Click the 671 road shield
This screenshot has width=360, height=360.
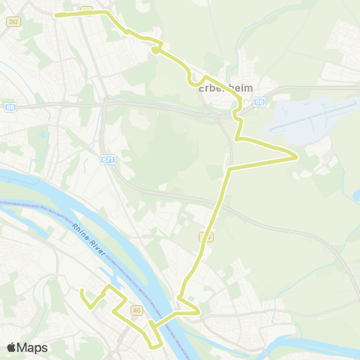[x=108, y=159]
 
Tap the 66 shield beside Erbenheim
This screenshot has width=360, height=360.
[x=259, y=101]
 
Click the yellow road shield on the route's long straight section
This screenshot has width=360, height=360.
[x=204, y=237]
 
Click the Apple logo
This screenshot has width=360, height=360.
[x=11, y=347]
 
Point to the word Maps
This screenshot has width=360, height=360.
[x=32, y=347]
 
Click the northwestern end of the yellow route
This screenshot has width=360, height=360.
[x=58, y=14]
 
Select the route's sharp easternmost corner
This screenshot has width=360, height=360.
[x=298, y=156]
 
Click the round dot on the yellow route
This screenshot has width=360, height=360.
[x=154, y=50]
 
